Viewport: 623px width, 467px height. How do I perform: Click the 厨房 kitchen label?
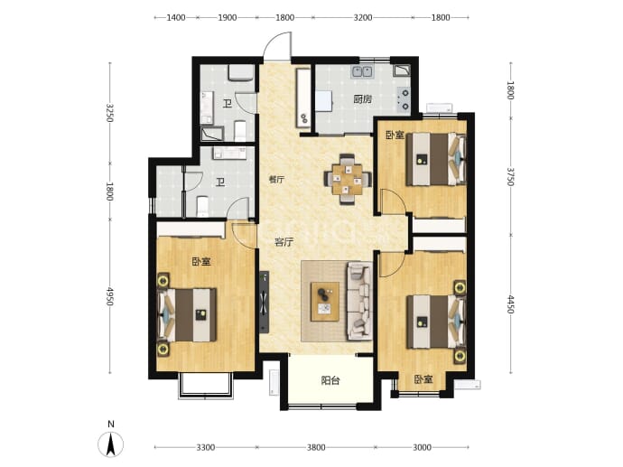[x=363, y=99]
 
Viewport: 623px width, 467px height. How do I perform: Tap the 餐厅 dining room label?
[x=276, y=180]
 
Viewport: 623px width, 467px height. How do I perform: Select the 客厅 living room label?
[x=284, y=242]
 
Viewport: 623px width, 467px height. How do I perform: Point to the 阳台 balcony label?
[x=330, y=381]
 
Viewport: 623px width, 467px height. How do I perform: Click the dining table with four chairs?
[x=348, y=179]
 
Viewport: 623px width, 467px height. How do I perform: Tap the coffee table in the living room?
[x=325, y=302]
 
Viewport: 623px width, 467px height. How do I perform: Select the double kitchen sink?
[x=362, y=72]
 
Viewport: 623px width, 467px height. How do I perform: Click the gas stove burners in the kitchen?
[x=404, y=99]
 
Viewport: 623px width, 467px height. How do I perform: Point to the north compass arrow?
[x=111, y=444]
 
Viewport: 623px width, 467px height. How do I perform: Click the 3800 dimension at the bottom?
[x=316, y=448]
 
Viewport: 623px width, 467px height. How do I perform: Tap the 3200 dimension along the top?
[x=363, y=17]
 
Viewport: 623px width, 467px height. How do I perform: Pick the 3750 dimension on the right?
[x=510, y=177]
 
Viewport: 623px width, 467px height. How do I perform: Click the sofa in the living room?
[x=360, y=301]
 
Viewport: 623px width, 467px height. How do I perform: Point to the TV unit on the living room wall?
[x=264, y=302]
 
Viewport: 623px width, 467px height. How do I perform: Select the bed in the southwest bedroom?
[x=188, y=315]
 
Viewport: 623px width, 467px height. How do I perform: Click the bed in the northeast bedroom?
[x=436, y=159]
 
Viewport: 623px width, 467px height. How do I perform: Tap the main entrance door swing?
[x=277, y=46]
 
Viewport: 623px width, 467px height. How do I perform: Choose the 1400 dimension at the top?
[x=176, y=17]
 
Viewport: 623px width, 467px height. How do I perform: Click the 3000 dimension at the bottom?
[x=422, y=448]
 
